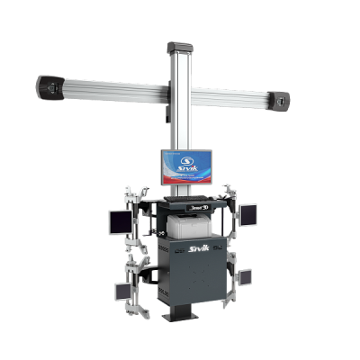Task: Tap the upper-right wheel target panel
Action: point(248,213)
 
